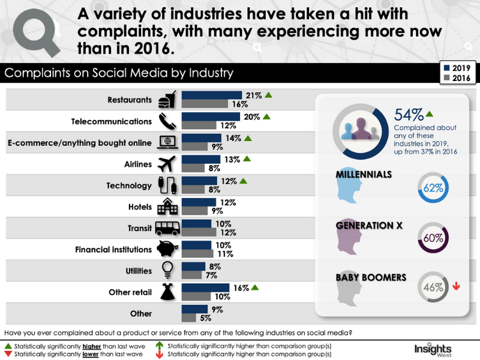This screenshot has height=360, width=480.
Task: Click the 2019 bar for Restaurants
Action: pyautogui.click(x=211, y=95)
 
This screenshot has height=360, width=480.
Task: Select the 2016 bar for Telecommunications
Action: pyautogui.click(x=199, y=125)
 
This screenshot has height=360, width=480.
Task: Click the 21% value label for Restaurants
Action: pyautogui.click(x=252, y=95)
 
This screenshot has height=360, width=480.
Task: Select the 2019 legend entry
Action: pyautogui.click(x=458, y=67)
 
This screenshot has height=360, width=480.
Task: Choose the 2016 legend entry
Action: pyautogui.click(x=458, y=78)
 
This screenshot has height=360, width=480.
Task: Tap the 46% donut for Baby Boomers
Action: pyautogui.click(x=433, y=287)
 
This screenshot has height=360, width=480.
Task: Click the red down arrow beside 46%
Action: pyautogui.click(x=457, y=286)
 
